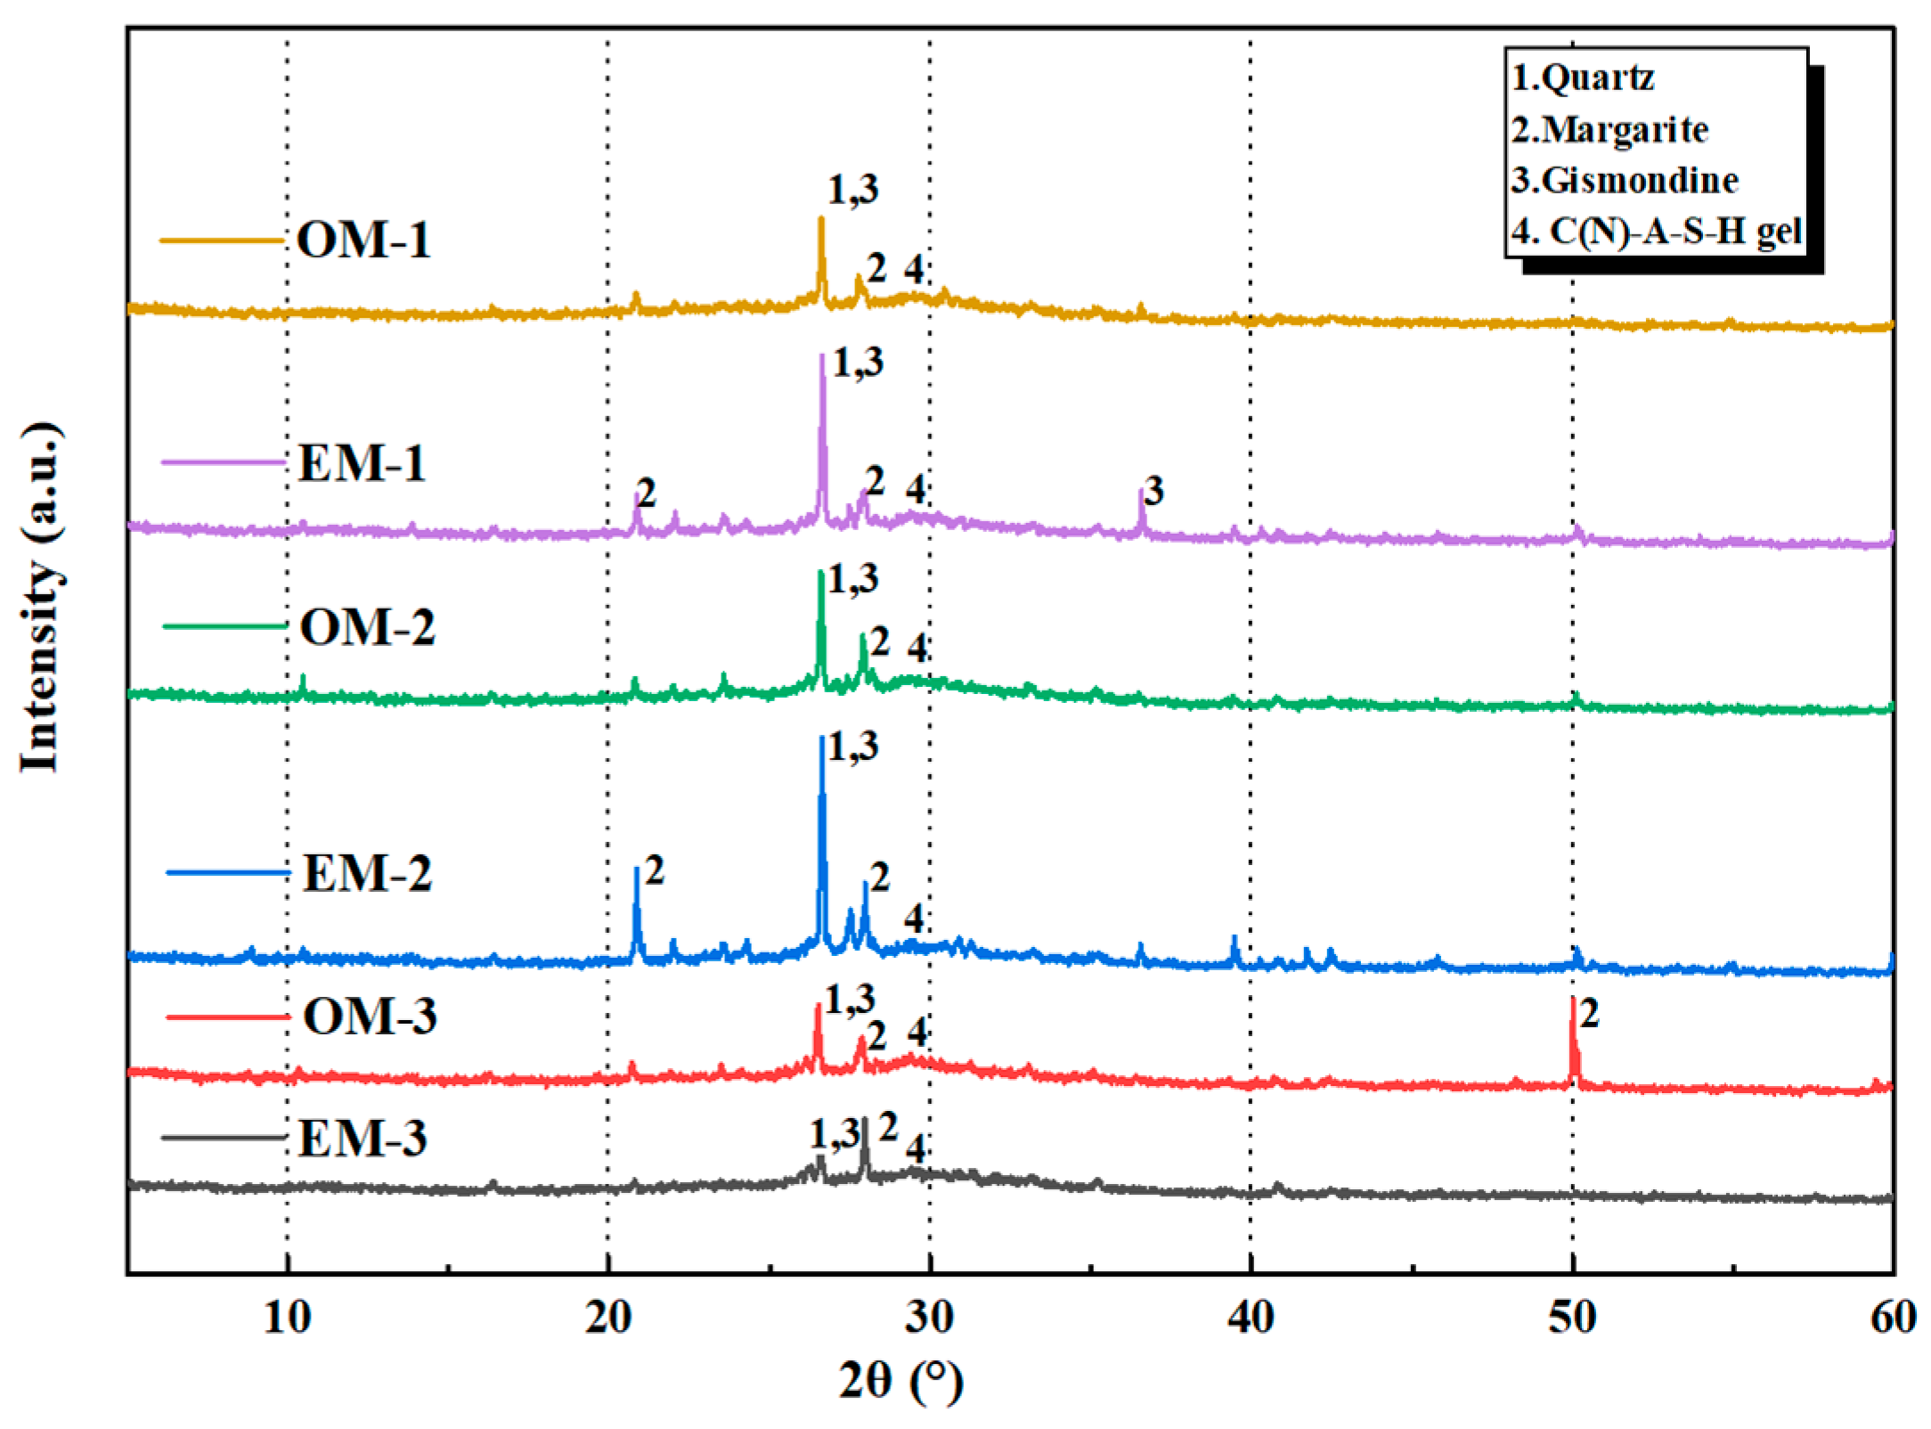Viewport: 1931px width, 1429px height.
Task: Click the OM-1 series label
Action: pos(363,241)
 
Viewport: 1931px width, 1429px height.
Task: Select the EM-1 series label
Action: pos(362,463)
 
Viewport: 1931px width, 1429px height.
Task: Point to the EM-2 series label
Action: pos(367,873)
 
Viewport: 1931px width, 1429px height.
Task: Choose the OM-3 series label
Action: pos(370,1016)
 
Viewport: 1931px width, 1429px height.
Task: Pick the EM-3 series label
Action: pos(362,1138)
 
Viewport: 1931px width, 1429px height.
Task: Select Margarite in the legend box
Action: pos(1624,130)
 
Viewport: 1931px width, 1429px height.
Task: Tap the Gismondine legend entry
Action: pos(1639,181)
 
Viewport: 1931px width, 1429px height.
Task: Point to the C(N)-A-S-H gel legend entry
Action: pos(1674,232)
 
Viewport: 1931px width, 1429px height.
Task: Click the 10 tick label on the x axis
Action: pos(287,1317)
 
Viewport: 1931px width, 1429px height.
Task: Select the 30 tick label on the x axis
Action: pos(929,1317)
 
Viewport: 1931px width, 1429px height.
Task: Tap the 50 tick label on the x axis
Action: pos(1572,1317)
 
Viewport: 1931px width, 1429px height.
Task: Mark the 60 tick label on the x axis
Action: pos(1893,1317)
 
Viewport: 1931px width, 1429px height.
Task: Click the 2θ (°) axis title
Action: pos(900,1381)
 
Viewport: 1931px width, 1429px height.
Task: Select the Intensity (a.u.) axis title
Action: pos(41,597)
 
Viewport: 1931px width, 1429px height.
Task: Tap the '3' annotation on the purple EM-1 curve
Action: pos(1154,491)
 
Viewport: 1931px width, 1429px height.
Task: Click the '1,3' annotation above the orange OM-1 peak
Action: pos(853,190)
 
